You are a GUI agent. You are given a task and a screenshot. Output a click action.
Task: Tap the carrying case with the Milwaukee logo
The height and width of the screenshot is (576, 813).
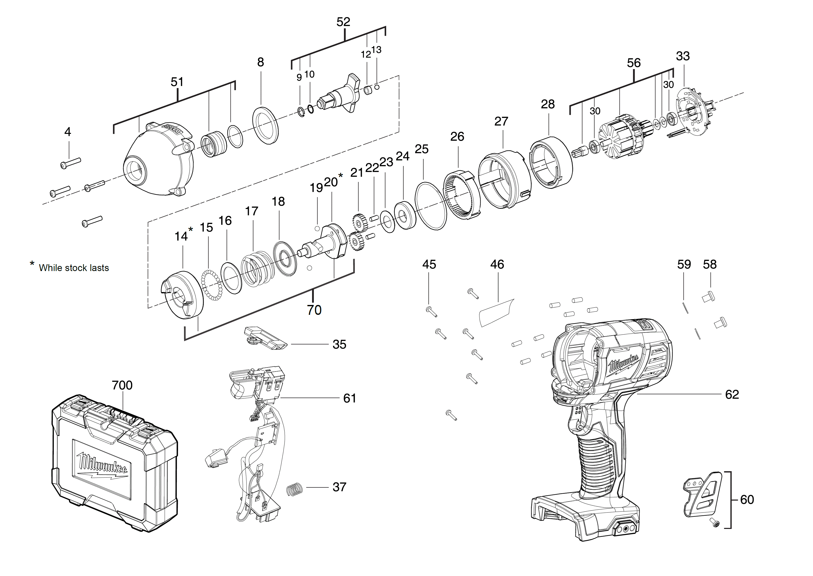(113, 465)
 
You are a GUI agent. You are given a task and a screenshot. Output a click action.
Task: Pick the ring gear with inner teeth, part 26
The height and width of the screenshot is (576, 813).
(462, 196)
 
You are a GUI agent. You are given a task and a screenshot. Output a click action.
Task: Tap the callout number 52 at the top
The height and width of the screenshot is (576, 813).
(343, 22)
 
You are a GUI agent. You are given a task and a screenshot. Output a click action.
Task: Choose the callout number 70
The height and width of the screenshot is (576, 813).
(314, 310)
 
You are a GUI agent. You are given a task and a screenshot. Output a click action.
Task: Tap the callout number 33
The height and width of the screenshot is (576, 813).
(683, 56)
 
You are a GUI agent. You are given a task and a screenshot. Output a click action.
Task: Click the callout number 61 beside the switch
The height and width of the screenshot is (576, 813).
(349, 398)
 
